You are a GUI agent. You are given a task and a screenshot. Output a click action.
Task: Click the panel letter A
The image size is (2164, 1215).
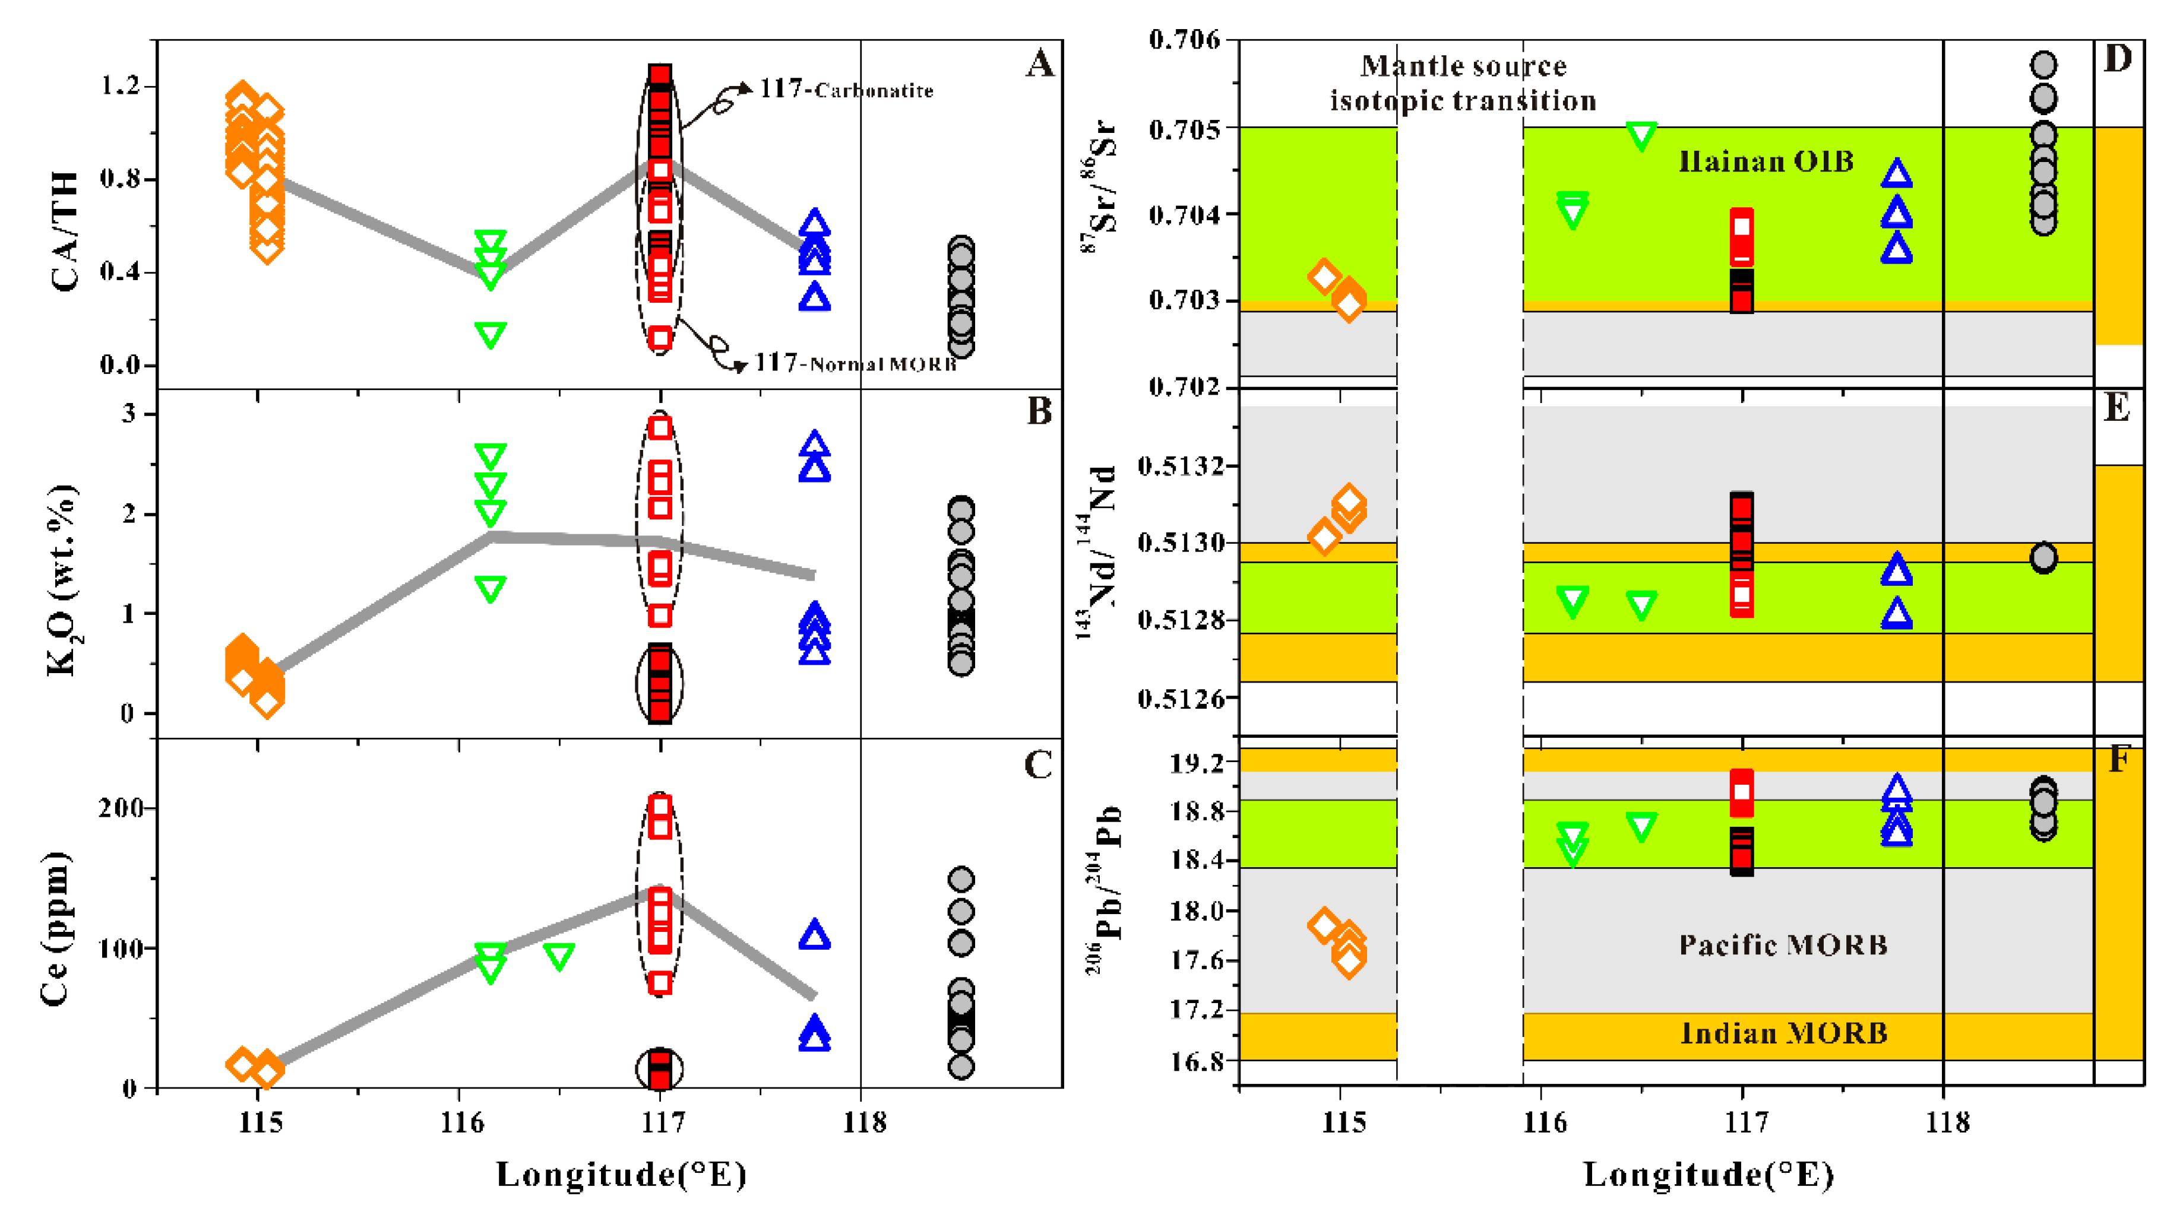pyautogui.click(x=1040, y=64)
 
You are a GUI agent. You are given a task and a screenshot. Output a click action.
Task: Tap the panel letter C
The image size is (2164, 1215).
pyautogui.click(x=1038, y=765)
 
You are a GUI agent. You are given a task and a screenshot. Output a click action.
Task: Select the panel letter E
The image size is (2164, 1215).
pyautogui.click(x=2116, y=409)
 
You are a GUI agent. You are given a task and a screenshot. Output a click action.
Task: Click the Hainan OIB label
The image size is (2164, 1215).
pyautogui.click(x=1766, y=161)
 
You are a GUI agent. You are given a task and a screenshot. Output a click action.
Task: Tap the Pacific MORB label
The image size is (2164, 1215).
pyautogui.click(x=1783, y=946)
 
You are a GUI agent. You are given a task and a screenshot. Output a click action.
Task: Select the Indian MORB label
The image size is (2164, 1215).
pyautogui.click(x=1783, y=1033)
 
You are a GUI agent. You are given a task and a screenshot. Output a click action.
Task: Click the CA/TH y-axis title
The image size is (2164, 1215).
pyautogui.click(x=65, y=231)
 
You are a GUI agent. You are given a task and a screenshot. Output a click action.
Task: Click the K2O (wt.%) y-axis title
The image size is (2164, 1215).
pyautogui.click(x=61, y=581)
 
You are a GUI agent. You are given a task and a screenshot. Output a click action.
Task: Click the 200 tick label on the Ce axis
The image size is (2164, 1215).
pyautogui.click(x=122, y=808)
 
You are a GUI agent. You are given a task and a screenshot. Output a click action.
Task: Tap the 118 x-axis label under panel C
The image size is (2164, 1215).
pyautogui.click(x=863, y=1122)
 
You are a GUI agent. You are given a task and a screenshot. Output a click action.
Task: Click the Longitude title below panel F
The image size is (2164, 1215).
pyautogui.click(x=1708, y=1175)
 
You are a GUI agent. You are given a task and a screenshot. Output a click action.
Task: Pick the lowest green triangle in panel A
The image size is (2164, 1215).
pyautogui.click(x=491, y=335)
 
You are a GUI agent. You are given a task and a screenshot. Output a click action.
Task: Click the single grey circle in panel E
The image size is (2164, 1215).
pyautogui.click(x=2043, y=557)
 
